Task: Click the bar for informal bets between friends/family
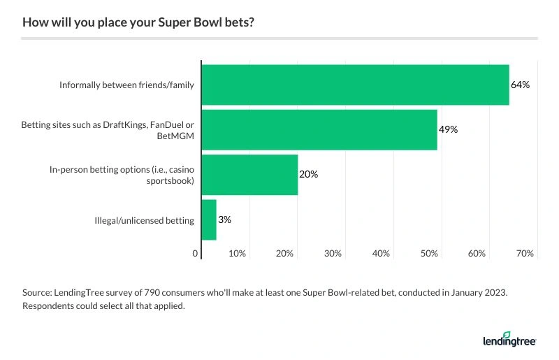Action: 355,85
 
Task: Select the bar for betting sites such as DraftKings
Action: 319,129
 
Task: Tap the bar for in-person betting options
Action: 249,174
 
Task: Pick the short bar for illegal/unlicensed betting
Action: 209,219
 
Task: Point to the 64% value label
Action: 521,85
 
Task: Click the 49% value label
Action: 448,129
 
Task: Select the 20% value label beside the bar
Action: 308,174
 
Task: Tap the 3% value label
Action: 224,219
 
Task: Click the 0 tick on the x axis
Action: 196,253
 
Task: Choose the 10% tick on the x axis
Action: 238,253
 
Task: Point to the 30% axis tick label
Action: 333,253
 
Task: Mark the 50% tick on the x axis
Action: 429,253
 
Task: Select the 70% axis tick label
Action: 525,253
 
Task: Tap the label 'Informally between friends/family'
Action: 126,85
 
